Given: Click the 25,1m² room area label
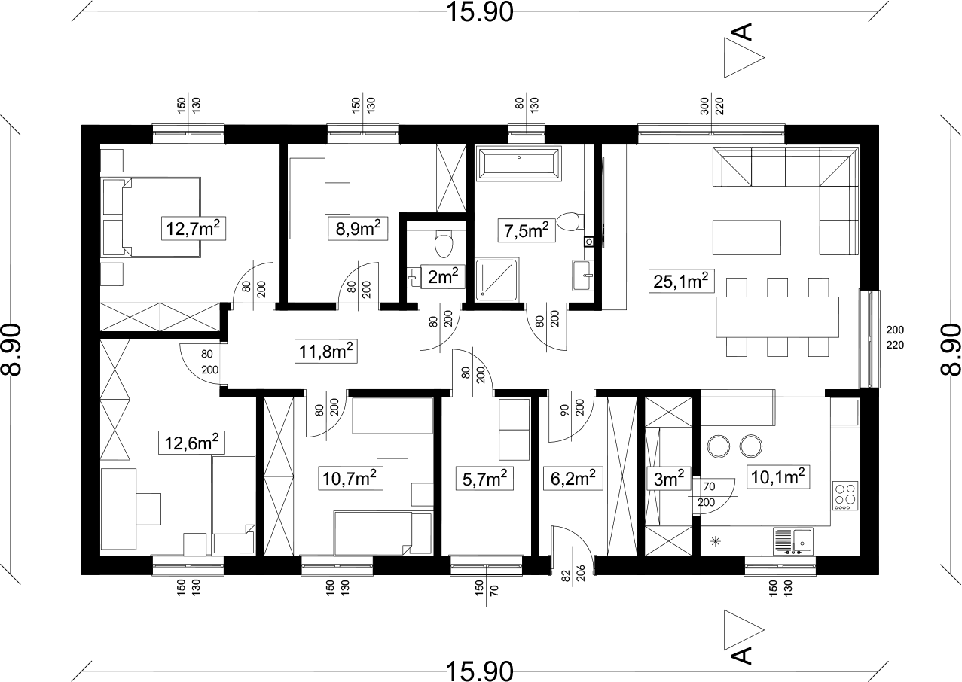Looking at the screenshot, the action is pyautogui.click(x=681, y=281).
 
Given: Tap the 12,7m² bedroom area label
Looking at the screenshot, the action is pyautogui.click(x=194, y=228).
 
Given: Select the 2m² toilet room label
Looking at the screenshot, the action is pyautogui.click(x=443, y=276).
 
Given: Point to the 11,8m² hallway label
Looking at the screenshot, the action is pyautogui.click(x=326, y=352).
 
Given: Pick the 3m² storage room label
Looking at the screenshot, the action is pyautogui.click(x=669, y=479).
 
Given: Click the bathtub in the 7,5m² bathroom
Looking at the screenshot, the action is pyautogui.click(x=519, y=163).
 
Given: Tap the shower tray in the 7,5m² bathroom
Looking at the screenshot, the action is pyautogui.click(x=497, y=279).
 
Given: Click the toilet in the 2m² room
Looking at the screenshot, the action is pyautogui.click(x=444, y=243).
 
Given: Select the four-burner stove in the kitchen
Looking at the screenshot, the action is pyautogui.click(x=845, y=496).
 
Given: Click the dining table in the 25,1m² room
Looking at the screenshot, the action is pyautogui.click(x=777, y=317).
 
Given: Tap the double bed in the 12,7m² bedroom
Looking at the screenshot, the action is pyautogui.click(x=152, y=218).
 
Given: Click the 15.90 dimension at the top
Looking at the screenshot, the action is pyautogui.click(x=480, y=12).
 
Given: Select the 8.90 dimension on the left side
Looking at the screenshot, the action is pyautogui.click(x=11, y=349).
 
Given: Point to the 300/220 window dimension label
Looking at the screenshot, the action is pyautogui.click(x=712, y=106).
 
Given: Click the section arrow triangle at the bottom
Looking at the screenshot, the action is pyautogui.click(x=744, y=630).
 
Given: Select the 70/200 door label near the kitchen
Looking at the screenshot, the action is pyautogui.click(x=707, y=494).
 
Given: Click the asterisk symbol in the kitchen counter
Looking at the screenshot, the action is pyautogui.click(x=716, y=541).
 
